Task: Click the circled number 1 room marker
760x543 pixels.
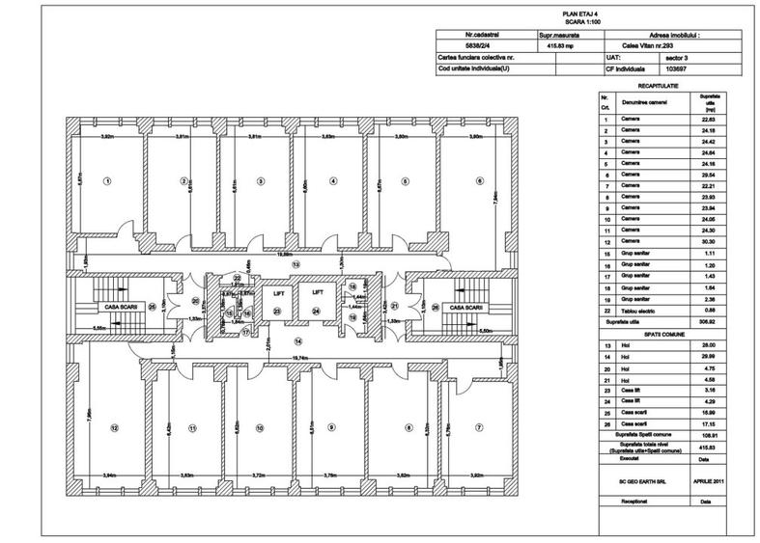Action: point(107,179)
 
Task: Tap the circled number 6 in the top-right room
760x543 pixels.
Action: point(478,179)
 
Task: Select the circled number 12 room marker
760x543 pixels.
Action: point(113,427)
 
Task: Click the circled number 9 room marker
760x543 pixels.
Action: point(330,427)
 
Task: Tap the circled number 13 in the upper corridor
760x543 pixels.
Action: point(296,263)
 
